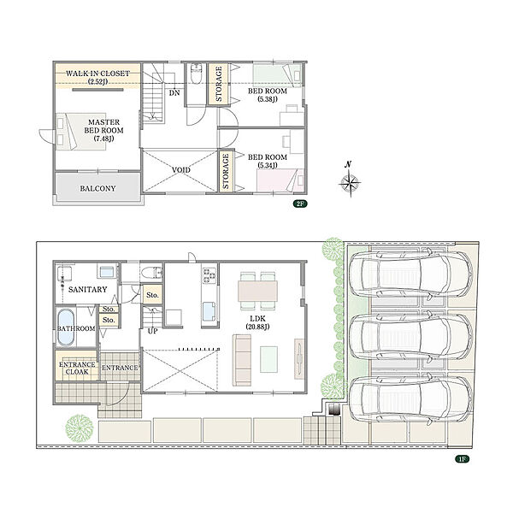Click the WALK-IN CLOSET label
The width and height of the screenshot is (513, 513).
click(x=97, y=77)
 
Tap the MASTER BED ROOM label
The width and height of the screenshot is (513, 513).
click(x=104, y=130)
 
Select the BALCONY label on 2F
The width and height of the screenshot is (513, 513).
click(x=97, y=188)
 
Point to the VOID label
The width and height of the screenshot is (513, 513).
click(x=181, y=170)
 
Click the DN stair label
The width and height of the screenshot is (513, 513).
click(x=174, y=93)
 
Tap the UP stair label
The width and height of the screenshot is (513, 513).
click(x=152, y=331)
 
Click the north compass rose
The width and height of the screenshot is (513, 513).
click(x=350, y=180)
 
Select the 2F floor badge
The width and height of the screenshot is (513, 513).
click(x=300, y=203)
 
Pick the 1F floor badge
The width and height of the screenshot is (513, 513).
click(x=463, y=459)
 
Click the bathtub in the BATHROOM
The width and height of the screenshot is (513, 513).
click(x=66, y=327)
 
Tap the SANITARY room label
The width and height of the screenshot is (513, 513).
click(x=88, y=290)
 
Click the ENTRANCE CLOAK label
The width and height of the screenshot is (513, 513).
click(x=77, y=368)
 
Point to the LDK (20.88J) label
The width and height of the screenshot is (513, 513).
click(x=258, y=322)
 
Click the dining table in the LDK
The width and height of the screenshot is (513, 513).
click(x=258, y=291)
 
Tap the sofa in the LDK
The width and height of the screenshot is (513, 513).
click(x=242, y=360)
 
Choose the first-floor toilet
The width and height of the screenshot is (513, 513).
click(x=152, y=272)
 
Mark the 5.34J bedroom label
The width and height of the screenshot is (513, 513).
click(x=268, y=162)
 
